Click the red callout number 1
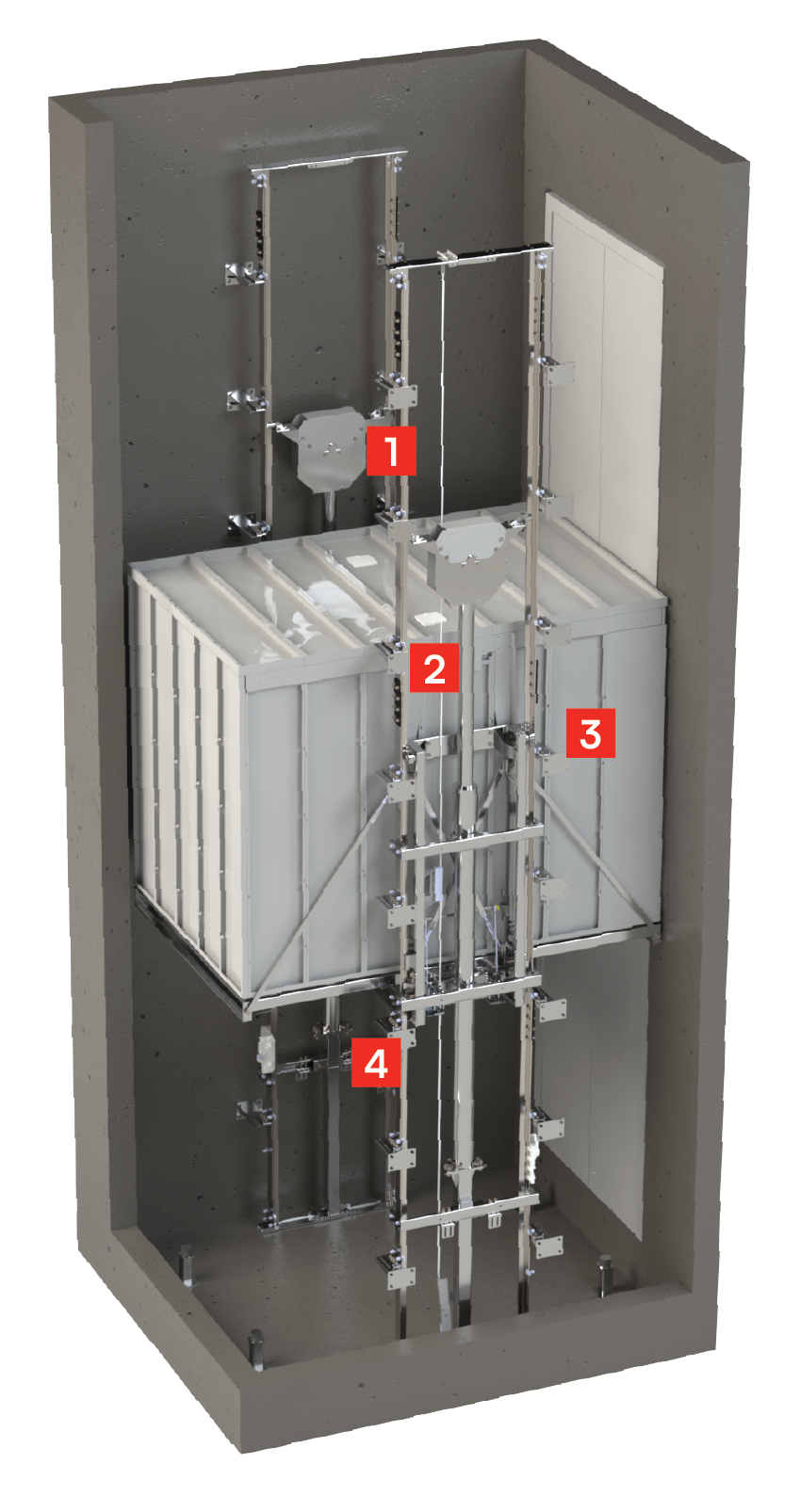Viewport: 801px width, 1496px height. (x=391, y=450)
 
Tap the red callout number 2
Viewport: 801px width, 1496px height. (x=434, y=668)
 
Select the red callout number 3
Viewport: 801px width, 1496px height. (x=591, y=733)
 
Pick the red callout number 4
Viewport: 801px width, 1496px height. (x=376, y=1062)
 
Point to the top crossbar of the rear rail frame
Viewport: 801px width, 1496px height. (x=326, y=159)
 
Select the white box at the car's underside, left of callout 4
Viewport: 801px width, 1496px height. (x=267, y=1051)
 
